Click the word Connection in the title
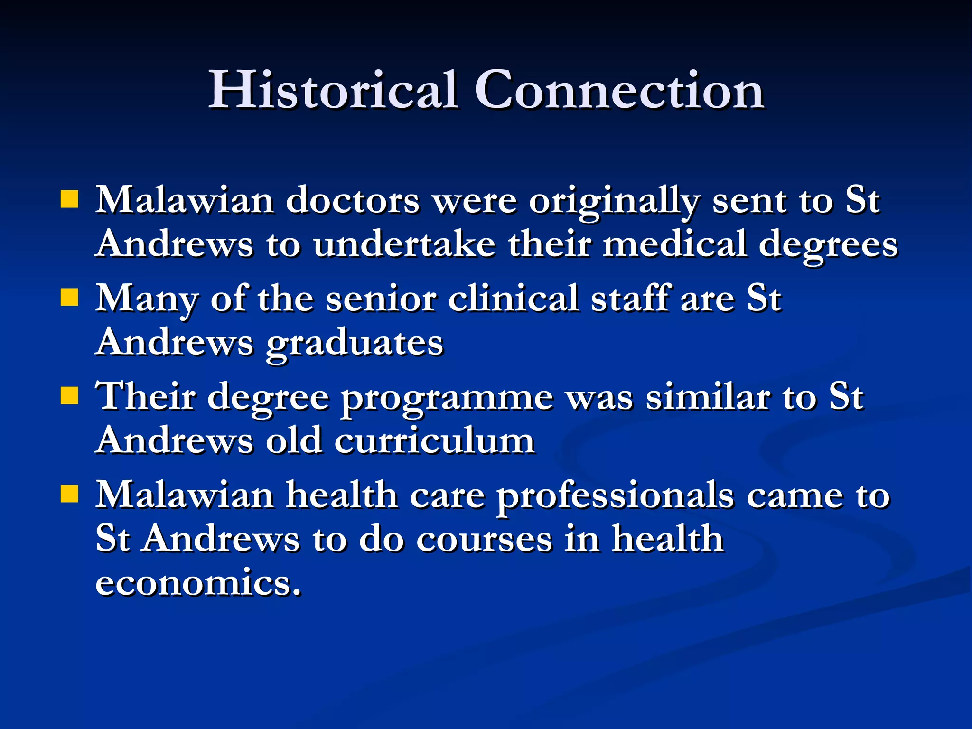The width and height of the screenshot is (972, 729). pos(619,90)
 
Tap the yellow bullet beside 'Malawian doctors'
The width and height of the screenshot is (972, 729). pos(69,200)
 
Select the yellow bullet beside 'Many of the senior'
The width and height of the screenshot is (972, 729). pos(69,298)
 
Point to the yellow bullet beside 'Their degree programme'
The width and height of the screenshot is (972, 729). pos(69,395)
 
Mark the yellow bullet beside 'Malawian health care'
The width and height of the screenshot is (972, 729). pos(69,494)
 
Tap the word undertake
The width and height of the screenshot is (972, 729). pos(404,245)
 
